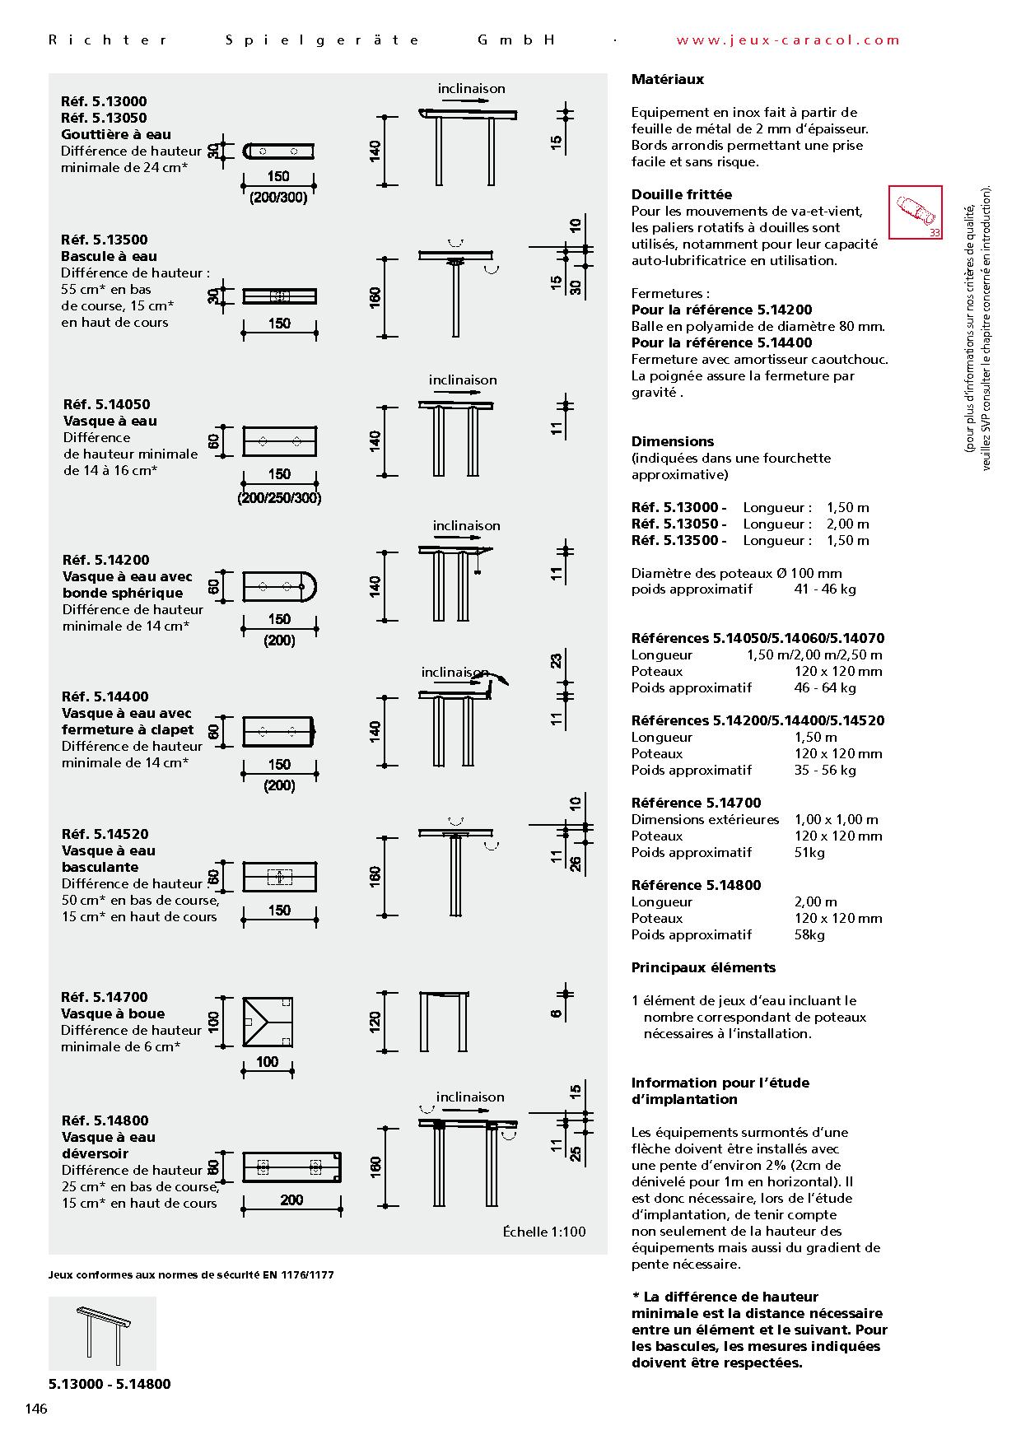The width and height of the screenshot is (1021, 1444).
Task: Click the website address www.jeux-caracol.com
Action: point(788,40)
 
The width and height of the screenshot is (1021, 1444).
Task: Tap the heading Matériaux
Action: point(668,80)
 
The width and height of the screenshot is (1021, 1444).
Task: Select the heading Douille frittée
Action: point(681,194)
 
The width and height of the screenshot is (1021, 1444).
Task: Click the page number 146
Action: point(36,1408)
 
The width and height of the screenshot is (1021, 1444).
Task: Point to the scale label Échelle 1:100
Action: point(544,1232)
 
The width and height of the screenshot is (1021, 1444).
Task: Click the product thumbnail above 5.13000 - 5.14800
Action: point(102,1333)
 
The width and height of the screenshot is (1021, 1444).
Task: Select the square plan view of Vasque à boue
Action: point(268,1022)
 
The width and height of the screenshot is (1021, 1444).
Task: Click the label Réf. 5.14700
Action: point(105,997)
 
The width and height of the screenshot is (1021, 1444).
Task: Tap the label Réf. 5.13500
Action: point(105,240)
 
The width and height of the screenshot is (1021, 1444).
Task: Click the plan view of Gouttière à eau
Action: point(280,151)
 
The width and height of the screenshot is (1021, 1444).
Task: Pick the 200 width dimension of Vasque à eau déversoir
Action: point(291,1199)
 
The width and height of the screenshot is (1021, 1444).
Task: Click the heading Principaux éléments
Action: point(703,967)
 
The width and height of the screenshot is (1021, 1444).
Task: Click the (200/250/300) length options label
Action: point(279,498)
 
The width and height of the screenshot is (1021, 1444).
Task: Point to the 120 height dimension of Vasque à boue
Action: point(375,1022)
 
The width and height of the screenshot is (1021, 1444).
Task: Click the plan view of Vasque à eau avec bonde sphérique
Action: point(280,587)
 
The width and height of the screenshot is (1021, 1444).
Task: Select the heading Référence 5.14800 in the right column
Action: point(696,885)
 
